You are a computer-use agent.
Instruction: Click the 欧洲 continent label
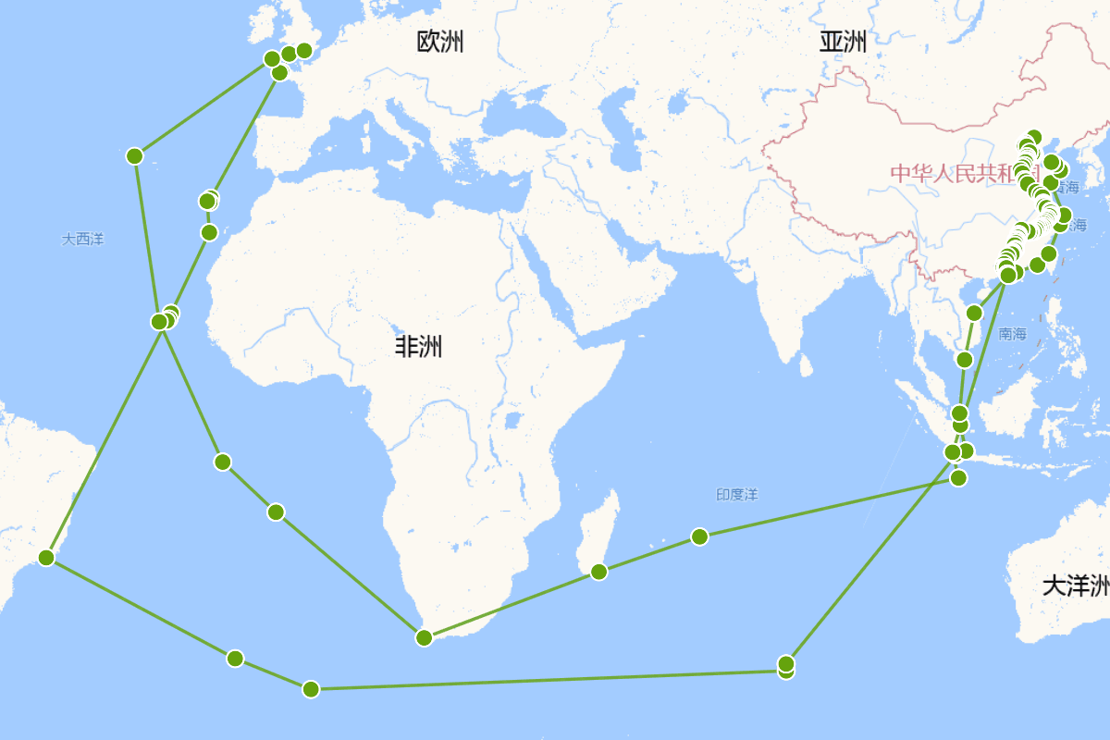click(x=440, y=42)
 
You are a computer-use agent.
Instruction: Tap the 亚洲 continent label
click(x=843, y=42)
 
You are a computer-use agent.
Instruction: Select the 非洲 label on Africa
click(x=418, y=347)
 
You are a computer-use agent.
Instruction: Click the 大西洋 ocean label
click(x=83, y=240)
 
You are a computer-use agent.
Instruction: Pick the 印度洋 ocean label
click(x=736, y=495)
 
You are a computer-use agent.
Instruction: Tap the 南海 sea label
click(x=1013, y=334)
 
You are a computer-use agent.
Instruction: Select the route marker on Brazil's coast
click(x=46, y=558)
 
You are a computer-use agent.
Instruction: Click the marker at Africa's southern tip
click(x=425, y=637)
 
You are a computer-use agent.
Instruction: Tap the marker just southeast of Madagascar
click(x=598, y=572)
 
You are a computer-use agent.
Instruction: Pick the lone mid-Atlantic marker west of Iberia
click(x=135, y=155)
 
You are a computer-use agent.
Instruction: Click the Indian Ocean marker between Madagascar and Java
click(x=699, y=536)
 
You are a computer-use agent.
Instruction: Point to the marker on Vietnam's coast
click(x=974, y=313)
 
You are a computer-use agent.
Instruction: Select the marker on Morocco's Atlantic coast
click(x=209, y=232)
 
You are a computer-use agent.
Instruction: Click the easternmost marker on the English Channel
click(x=304, y=50)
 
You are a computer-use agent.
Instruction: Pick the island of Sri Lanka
click(x=806, y=365)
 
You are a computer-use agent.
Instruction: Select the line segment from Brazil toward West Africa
click(x=105, y=439)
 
